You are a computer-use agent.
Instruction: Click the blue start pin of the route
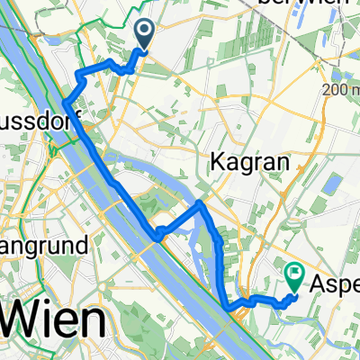coord(144,34)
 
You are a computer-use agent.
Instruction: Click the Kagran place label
coord(238,162)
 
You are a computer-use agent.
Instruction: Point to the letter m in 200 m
coord(354,91)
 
